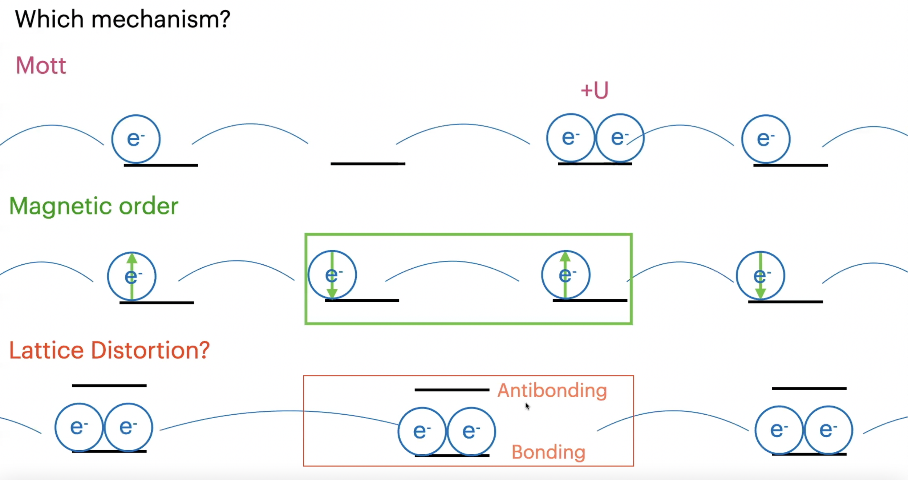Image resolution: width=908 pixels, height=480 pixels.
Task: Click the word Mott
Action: click(41, 66)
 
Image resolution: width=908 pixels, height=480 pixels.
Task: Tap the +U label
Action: click(594, 90)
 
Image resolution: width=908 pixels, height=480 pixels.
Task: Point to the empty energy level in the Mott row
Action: click(368, 164)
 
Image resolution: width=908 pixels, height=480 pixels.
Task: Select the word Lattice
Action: click(46, 350)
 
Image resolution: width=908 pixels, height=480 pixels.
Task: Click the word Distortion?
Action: click(150, 350)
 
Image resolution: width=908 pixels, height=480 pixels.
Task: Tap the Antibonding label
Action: click(552, 391)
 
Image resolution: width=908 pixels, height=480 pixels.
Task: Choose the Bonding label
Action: click(548, 452)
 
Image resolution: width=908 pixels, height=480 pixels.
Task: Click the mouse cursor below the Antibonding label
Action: click(527, 406)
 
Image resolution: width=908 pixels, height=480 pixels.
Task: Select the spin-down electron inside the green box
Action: click(332, 275)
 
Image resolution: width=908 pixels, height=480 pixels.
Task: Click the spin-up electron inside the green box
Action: click(566, 275)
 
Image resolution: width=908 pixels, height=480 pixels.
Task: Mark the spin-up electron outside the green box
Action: click(132, 276)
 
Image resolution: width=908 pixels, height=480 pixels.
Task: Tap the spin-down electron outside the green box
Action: click(760, 276)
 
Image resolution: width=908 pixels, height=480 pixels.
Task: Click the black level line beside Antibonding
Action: click(452, 390)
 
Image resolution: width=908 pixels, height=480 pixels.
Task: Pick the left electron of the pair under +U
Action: click(571, 138)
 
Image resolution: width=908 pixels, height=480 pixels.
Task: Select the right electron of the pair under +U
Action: click(620, 138)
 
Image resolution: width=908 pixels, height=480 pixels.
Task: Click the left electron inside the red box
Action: click(422, 431)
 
